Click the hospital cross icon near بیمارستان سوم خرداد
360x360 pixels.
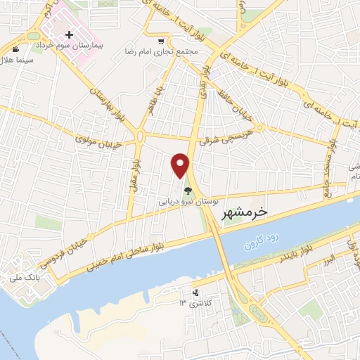(x=69, y=34)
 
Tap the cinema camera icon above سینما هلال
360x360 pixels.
(x=15, y=49)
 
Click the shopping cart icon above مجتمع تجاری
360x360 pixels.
(x=162, y=41)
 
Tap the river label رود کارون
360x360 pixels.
(x=261, y=241)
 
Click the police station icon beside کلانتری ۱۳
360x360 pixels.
(x=195, y=292)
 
